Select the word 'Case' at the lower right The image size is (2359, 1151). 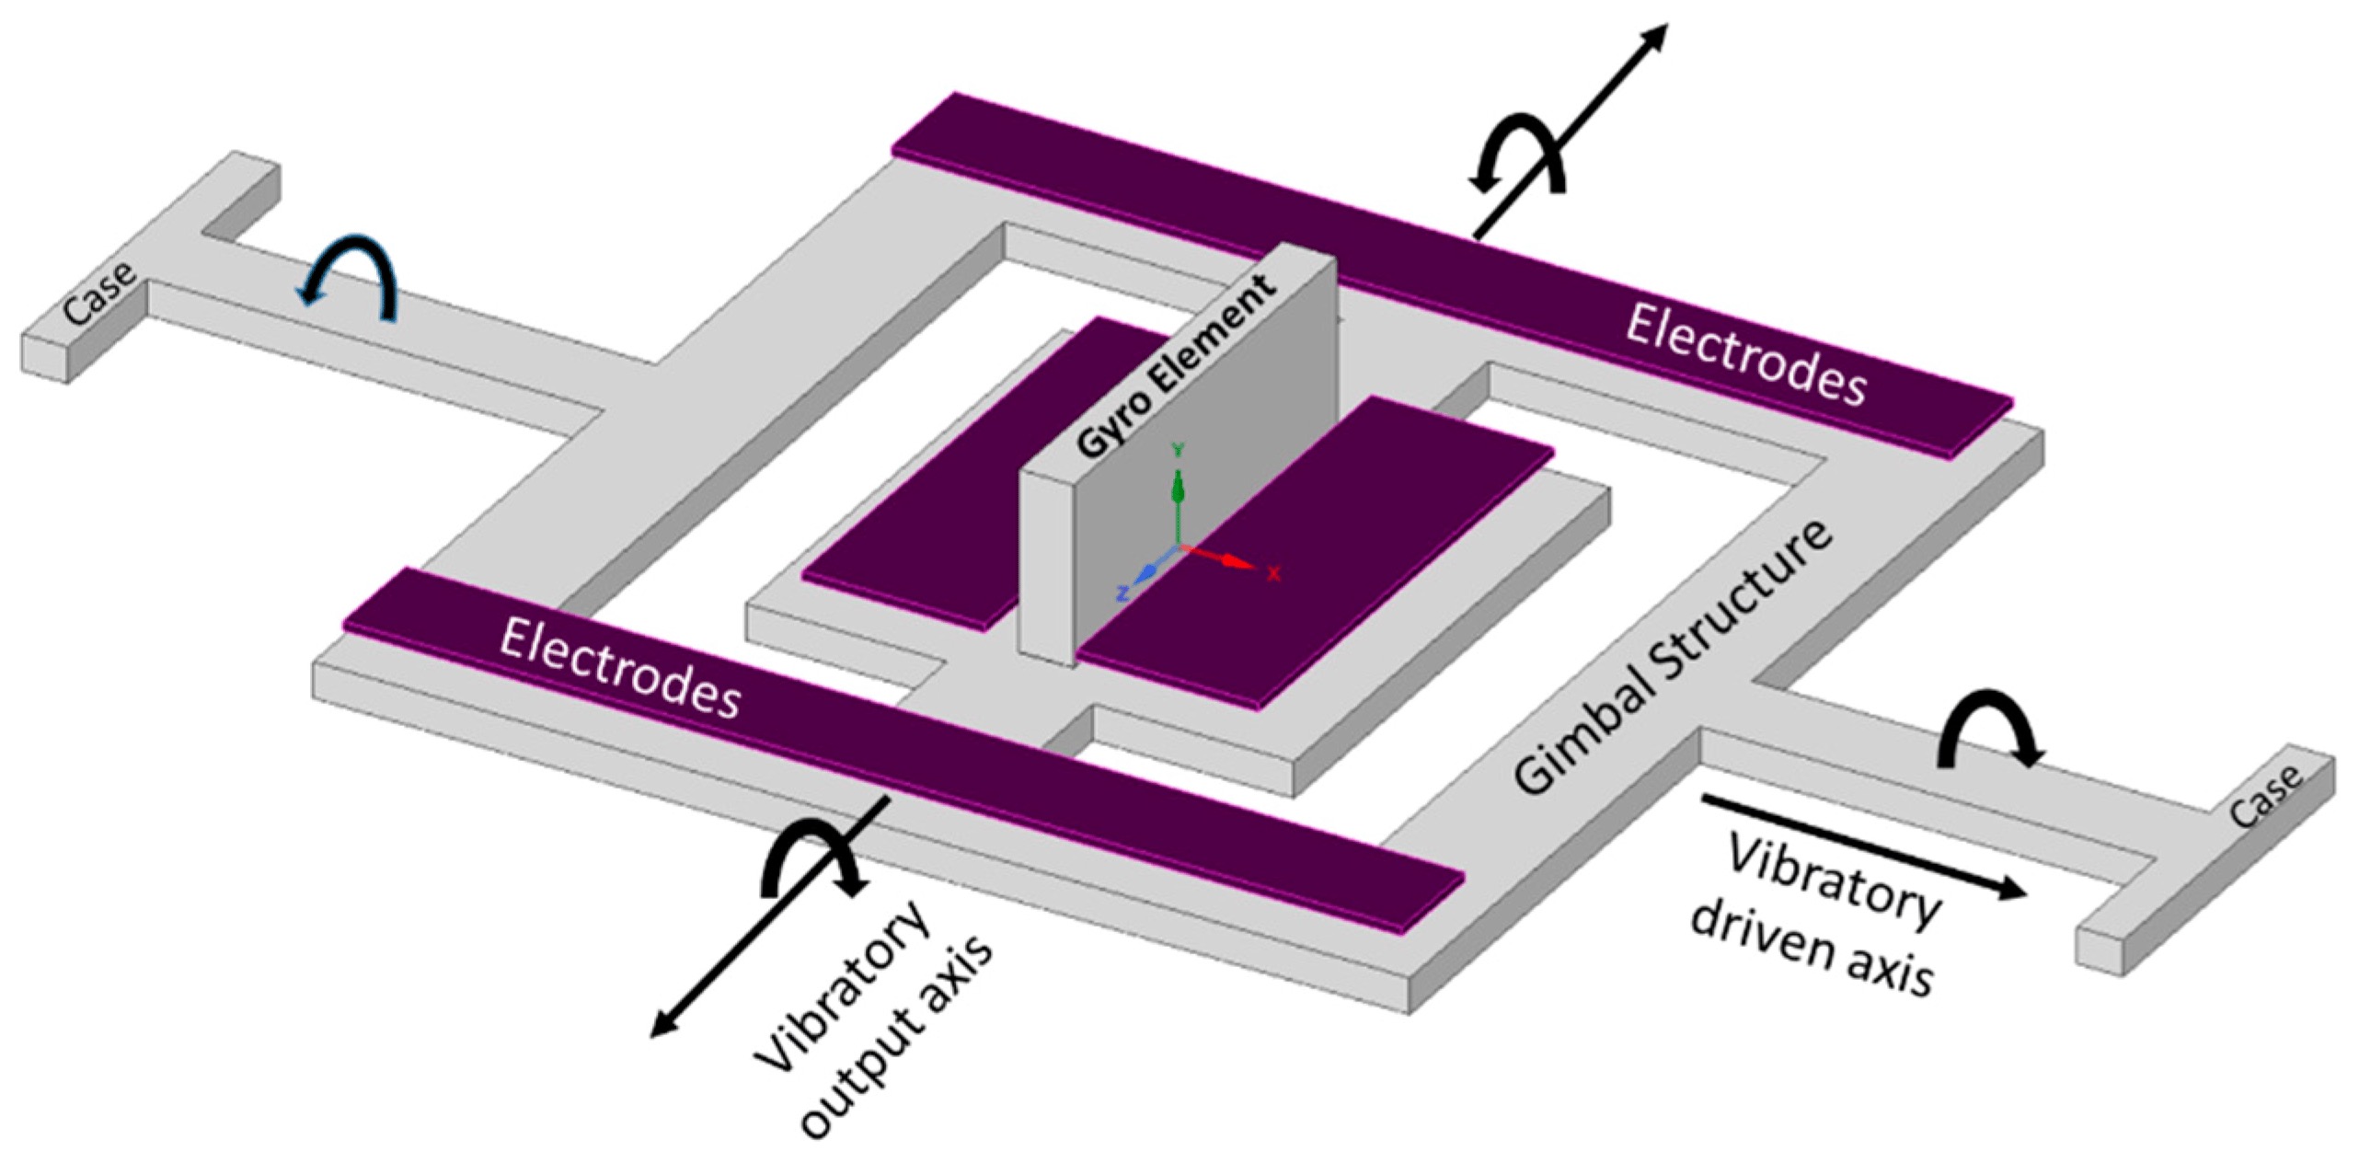tap(2266, 797)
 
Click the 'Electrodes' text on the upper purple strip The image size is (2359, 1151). tap(1744, 354)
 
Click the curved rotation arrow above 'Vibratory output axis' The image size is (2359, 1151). tap(810, 856)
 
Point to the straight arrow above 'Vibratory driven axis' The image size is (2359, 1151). tap(1862, 846)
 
